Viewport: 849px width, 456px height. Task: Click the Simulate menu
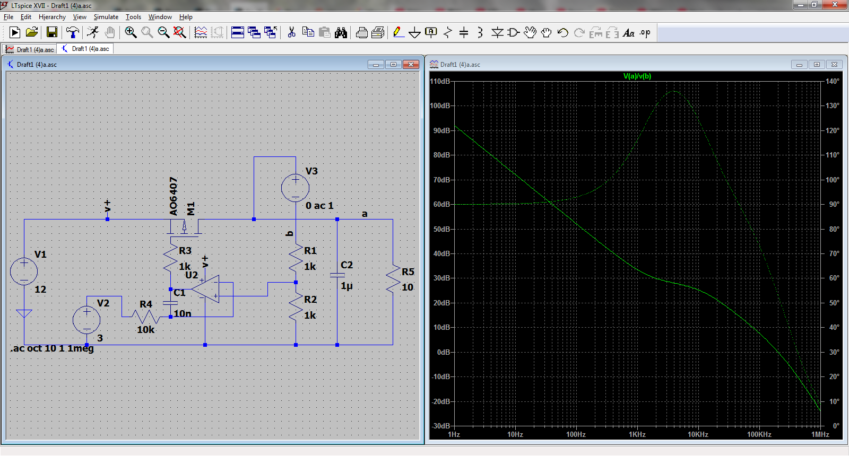[106, 17]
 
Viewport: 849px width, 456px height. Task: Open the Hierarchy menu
[52, 17]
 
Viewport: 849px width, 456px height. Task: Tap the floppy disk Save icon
[52, 32]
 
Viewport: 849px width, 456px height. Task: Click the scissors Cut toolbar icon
[291, 32]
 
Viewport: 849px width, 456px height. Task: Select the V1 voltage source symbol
[24, 271]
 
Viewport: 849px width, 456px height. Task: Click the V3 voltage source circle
[295, 188]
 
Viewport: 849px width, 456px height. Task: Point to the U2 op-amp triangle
[205, 290]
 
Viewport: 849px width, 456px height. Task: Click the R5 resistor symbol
[393, 278]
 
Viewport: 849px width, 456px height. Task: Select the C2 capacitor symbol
[337, 275]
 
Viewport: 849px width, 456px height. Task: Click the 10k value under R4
[145, 330]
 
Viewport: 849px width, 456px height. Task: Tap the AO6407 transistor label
[173, 196]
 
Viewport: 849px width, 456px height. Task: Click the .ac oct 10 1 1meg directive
[52, 348]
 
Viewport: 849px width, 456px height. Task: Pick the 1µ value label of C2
[346, 286]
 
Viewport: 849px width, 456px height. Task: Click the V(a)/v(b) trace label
[637, 76]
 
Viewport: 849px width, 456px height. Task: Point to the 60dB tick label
[441, 205]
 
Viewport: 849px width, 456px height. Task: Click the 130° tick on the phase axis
[833, 106]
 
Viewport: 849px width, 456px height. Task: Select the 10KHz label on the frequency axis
[698, 434]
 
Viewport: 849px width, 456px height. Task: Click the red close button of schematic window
[411, 65]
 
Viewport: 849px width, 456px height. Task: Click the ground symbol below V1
[24, 313]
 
